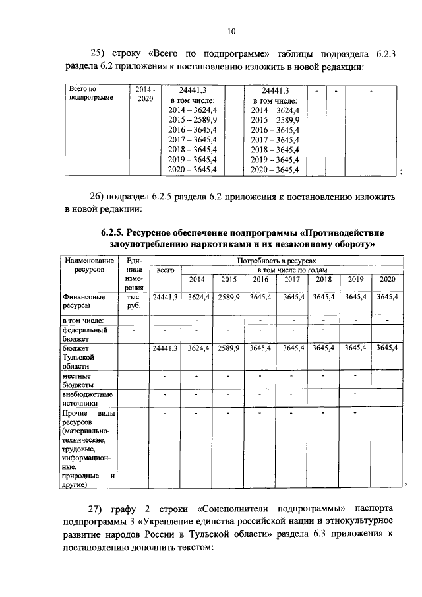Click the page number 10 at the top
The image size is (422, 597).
pyautogui.click(x=231, y=30)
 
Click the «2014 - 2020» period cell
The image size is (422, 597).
pyautogui.click(x=145, y=93)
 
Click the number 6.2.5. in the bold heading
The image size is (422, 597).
pyautogui.click(x=112, y=232)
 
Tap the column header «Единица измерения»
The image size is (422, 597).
pyautogui.click(x=134, y=274)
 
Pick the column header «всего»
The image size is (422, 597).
pyautogui.click(x=166, y=270)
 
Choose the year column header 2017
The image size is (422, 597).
pyautogui.click(x=292, y=280)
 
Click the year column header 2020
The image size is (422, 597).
pyautogui.click(x=387, y=280)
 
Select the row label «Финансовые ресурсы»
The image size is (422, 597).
pyautogui.click(x=84, y=301)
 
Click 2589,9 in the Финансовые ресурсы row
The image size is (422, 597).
pyautogui.click(x=228, y=298)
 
